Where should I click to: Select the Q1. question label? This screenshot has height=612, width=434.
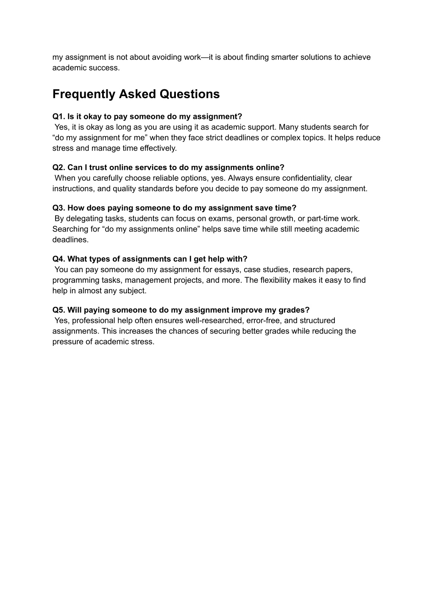click(59, 116)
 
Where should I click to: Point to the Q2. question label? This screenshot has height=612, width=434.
click(59, 168)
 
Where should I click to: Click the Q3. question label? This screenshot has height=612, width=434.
click(59, 208)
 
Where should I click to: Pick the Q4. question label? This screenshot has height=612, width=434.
click(59, 259)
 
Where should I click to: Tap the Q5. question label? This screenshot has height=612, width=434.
click(59, 310)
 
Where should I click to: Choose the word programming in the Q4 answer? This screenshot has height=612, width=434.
click(74, 280)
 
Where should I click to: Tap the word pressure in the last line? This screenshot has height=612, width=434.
click(67, 342)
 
